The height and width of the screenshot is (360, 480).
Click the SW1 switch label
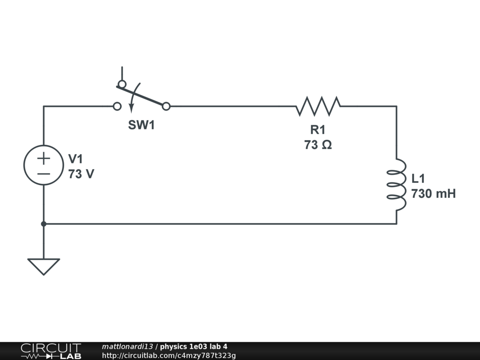point(141,125)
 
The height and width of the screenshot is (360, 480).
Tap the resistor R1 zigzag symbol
point(318,106)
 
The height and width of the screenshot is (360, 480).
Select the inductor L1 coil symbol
point(396,185)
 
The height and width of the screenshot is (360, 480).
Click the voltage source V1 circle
point(44,165)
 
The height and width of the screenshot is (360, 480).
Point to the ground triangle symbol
point(44,266)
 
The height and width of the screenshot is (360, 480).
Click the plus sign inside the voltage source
point(44,158)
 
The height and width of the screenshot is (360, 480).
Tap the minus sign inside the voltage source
point(44,173)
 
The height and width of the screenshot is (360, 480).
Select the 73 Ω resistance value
point(318,145)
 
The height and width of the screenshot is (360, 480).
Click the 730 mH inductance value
point(433,194)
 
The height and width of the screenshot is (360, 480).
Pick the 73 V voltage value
point(81,174)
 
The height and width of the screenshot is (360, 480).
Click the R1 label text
point(317,130)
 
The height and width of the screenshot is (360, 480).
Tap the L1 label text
point(419,179)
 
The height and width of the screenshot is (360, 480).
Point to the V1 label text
point(75,159)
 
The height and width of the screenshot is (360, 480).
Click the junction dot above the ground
point(44,224)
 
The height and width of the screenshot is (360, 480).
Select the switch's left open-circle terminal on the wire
point(117,106)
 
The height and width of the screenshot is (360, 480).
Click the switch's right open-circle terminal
point(166,106)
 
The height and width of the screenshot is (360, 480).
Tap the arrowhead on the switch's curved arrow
point(131,109)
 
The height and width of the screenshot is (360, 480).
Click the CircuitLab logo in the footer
point(50,351)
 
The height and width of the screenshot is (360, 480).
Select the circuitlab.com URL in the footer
point(169,355)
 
